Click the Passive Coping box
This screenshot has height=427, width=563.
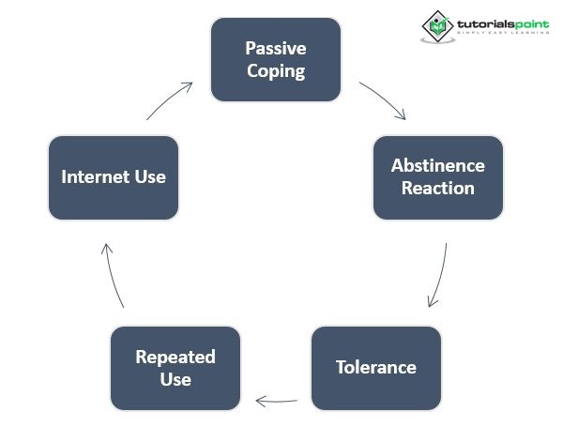point(276,58)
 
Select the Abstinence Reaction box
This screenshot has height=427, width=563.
point(437,176)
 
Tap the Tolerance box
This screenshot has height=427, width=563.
point(375,366)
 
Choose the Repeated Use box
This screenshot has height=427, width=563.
point(175,368)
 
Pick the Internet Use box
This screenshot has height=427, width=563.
point(113,176)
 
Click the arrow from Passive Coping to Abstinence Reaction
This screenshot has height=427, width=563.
point(383,99)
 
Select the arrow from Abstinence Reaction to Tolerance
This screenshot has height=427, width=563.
point(438,275)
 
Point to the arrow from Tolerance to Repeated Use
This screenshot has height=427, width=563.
point(277,401)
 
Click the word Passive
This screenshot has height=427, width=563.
point(276,47)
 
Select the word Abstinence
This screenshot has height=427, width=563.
point(437,165)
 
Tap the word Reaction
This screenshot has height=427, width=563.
point(437,188)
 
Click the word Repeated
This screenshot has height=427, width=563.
point(175,357)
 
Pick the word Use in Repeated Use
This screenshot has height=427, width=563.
point(175,379)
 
